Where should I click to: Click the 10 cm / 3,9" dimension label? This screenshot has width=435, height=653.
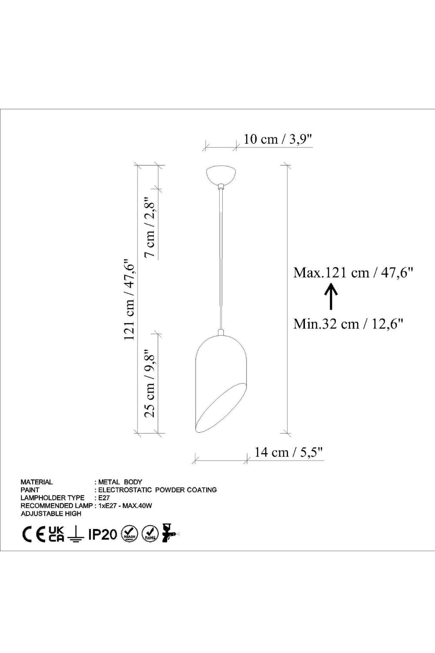[x=278, y=139]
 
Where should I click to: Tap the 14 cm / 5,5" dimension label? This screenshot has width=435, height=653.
[x=289, y=452]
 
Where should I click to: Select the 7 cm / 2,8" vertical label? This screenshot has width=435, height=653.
[x=151, y=228]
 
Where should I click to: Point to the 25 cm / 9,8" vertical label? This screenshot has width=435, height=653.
[x=151, y=384]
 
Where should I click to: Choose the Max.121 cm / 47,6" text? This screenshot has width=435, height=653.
[x=353, y=273]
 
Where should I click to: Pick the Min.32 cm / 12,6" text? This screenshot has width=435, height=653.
[x=348, y=324]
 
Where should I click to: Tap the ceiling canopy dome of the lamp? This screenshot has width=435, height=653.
[x=221, y=175]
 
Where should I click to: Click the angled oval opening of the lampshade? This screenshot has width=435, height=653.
[x=221, y=409]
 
